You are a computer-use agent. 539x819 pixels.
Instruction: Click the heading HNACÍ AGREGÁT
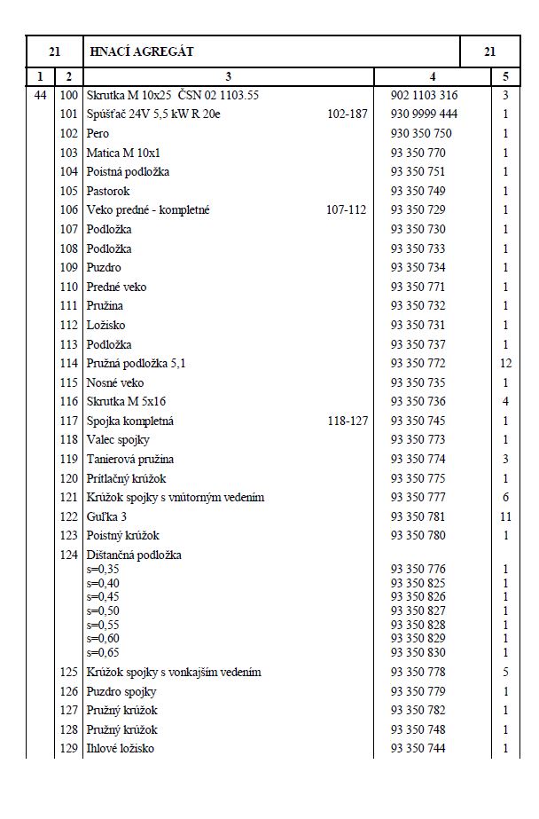pyautogui.click(x=140, y=52)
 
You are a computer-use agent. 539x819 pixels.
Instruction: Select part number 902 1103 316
pyautogui.click(x=424, y=95)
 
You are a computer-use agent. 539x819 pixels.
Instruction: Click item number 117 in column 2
pyautogui.click(x=68, y=421)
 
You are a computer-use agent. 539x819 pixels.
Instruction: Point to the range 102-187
pyautogui.click(x=347, y=114)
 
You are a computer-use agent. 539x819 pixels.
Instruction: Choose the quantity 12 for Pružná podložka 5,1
pyautogui.click(x=505, y=363)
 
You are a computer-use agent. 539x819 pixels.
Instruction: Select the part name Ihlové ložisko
pyautogui.click(x=121, y=749)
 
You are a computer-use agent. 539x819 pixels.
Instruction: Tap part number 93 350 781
pyautogui.click(x=418, y=516)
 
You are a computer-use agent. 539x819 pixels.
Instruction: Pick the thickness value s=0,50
pyautogui.click(x=103, y=611)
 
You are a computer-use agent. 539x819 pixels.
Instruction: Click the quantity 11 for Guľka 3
pyautogui.click(x=505, y=516)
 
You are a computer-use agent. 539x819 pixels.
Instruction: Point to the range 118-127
pyautogui.click(x=347, y=421)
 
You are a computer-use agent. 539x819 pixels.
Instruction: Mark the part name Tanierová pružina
pyautogui.click(x=129, y=459)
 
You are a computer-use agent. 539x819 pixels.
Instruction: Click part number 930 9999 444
pyautogui.click(x=424, y=114)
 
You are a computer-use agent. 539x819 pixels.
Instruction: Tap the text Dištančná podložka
pyautogui.click(x=134, y=555)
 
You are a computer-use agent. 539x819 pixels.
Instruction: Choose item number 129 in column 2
pyautogui.click(x=68, y=749)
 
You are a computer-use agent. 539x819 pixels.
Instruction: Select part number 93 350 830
pyautogui.click(x=418, y=651)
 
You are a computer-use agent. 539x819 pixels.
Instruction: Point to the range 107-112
pyautogui.click(x=347, y=209)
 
